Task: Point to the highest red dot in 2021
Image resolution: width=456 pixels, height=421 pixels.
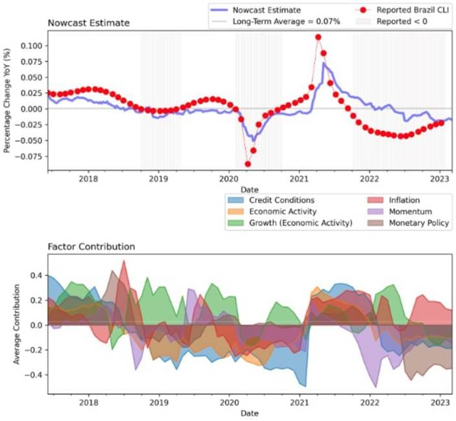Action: click(318, 37)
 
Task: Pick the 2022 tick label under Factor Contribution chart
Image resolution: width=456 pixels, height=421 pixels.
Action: click(369, 402)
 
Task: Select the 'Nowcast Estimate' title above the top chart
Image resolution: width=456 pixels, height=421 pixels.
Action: click(88, 23)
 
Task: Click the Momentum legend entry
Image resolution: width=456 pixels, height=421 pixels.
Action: click(409, 212)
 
